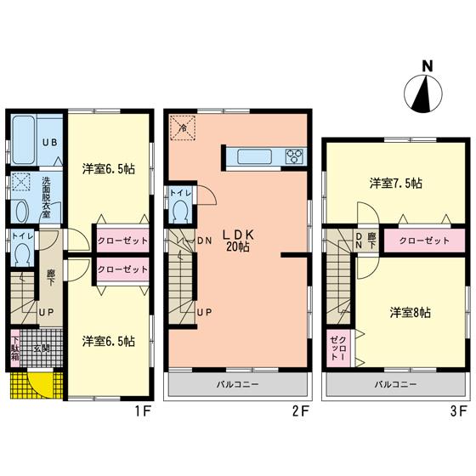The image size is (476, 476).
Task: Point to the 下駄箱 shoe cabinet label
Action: click(15, 348)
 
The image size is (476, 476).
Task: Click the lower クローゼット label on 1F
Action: click(122, 269)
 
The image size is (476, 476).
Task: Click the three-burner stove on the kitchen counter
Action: click(293, 156)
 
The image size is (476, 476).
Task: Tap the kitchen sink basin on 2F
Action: click(253, 156)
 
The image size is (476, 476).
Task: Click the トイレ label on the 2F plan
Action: click(180, 193)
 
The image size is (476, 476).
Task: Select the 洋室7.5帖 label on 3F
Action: click(397, 183)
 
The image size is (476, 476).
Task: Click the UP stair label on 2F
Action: click(204, 312)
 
